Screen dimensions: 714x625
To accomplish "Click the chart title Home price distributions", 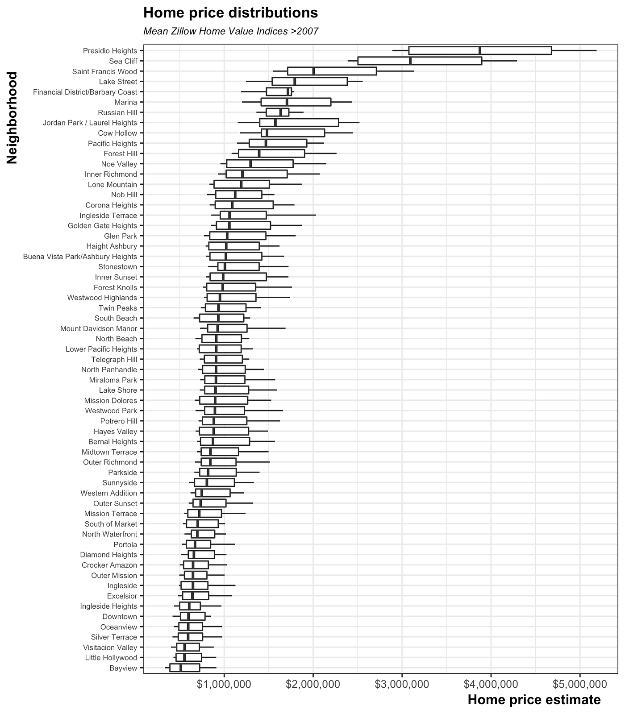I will pos(230,13).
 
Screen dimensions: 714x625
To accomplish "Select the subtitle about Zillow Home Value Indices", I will pos(230,32).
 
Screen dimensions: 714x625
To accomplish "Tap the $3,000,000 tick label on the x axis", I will pos(402,684).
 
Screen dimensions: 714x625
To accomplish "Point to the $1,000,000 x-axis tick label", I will pos(224,684).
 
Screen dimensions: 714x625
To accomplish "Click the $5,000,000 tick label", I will pos(580,684).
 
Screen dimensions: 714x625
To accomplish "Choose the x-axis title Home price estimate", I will pos(534,700).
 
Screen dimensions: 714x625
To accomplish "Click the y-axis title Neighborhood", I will pos(12,118).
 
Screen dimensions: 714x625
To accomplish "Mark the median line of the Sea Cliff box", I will pos(410,61).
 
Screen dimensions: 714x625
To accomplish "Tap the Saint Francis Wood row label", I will pos(104,71).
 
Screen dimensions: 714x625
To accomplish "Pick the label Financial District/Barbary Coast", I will pos(85,92).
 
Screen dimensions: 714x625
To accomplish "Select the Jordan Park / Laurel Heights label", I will pos(90,123).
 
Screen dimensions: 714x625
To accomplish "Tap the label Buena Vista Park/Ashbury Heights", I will pos(80,257).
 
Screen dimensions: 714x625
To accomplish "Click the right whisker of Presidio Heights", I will pos(574,50).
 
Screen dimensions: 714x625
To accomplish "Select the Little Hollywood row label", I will pos(111,657).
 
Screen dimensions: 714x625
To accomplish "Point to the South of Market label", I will pos(111,524).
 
